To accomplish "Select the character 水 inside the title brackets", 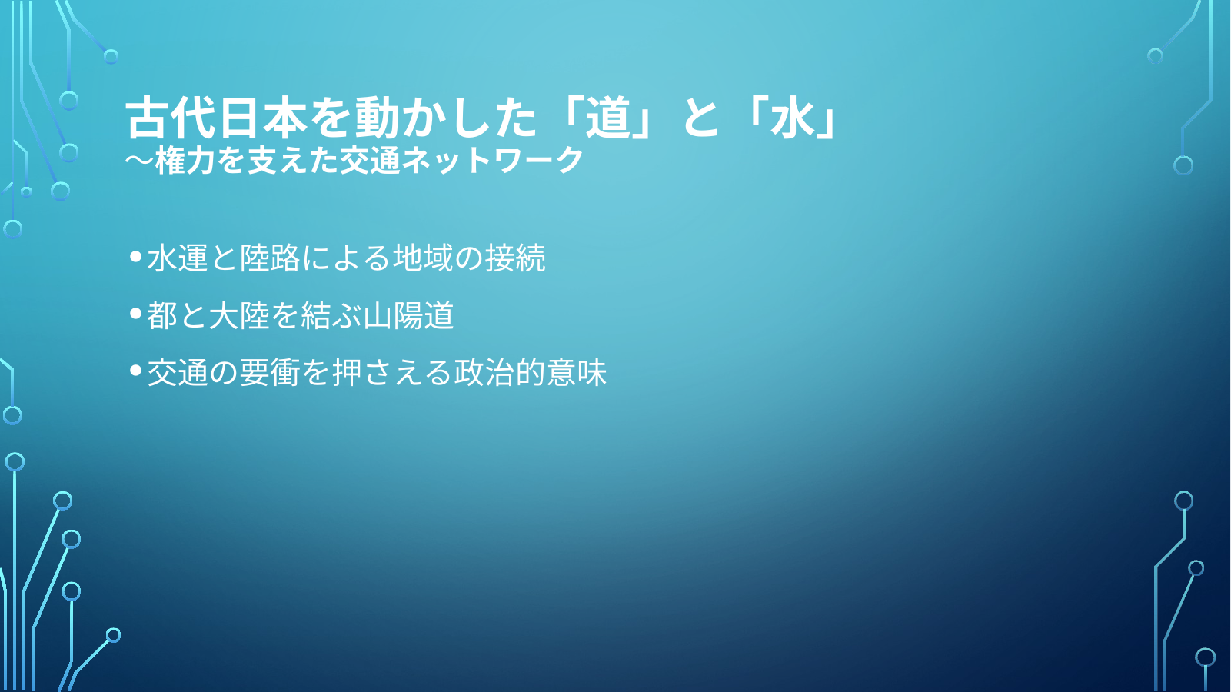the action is (x=792, y=118).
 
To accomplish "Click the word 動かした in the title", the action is (x=445, y=118).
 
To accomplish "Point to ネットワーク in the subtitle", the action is (x=492, y=161).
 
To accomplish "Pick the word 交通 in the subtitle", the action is (x=369, y=161).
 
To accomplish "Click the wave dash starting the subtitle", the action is (x=139, y=160).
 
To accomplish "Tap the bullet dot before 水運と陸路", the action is (x=135, y=256).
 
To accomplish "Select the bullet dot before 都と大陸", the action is (x=135, y=314).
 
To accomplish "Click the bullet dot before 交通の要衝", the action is (x=135, y=371).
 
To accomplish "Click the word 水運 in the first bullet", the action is (x=178, y=258).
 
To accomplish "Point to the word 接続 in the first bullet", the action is (x=515, y=258).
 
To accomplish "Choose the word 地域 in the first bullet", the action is (x=423, y=258).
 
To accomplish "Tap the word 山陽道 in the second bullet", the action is (x=408, y=315).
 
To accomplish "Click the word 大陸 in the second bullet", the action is (x=238, y=315).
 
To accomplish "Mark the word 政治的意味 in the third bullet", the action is (x=531, y=372).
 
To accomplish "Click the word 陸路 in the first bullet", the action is (x=270, y=258).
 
